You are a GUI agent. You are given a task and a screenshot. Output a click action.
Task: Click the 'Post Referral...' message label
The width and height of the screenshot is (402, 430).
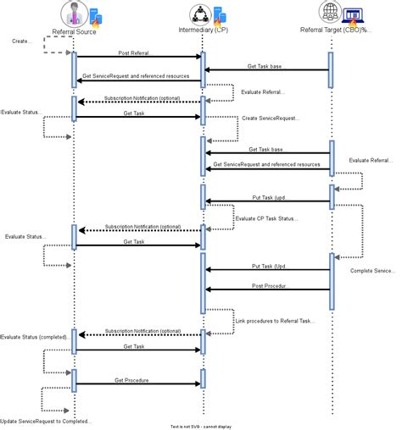136,52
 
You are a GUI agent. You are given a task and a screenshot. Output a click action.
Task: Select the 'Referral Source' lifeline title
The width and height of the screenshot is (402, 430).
75,31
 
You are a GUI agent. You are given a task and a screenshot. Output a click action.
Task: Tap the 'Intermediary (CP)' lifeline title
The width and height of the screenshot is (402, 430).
203,31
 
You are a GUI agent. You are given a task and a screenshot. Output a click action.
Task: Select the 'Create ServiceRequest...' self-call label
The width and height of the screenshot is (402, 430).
271,119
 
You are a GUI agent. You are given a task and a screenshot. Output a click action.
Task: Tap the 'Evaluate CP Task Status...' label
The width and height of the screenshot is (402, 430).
266,218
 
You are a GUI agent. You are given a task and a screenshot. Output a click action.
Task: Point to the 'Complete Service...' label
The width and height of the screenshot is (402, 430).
372,271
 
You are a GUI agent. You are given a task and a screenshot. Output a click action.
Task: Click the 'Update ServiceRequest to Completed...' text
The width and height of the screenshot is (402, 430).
46,421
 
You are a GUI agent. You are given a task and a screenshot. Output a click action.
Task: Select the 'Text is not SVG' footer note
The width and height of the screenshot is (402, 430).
200,426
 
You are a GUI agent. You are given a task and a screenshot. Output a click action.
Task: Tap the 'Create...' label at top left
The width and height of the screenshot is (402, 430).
23,41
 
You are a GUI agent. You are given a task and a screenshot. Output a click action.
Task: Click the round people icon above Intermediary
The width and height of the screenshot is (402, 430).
198,13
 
